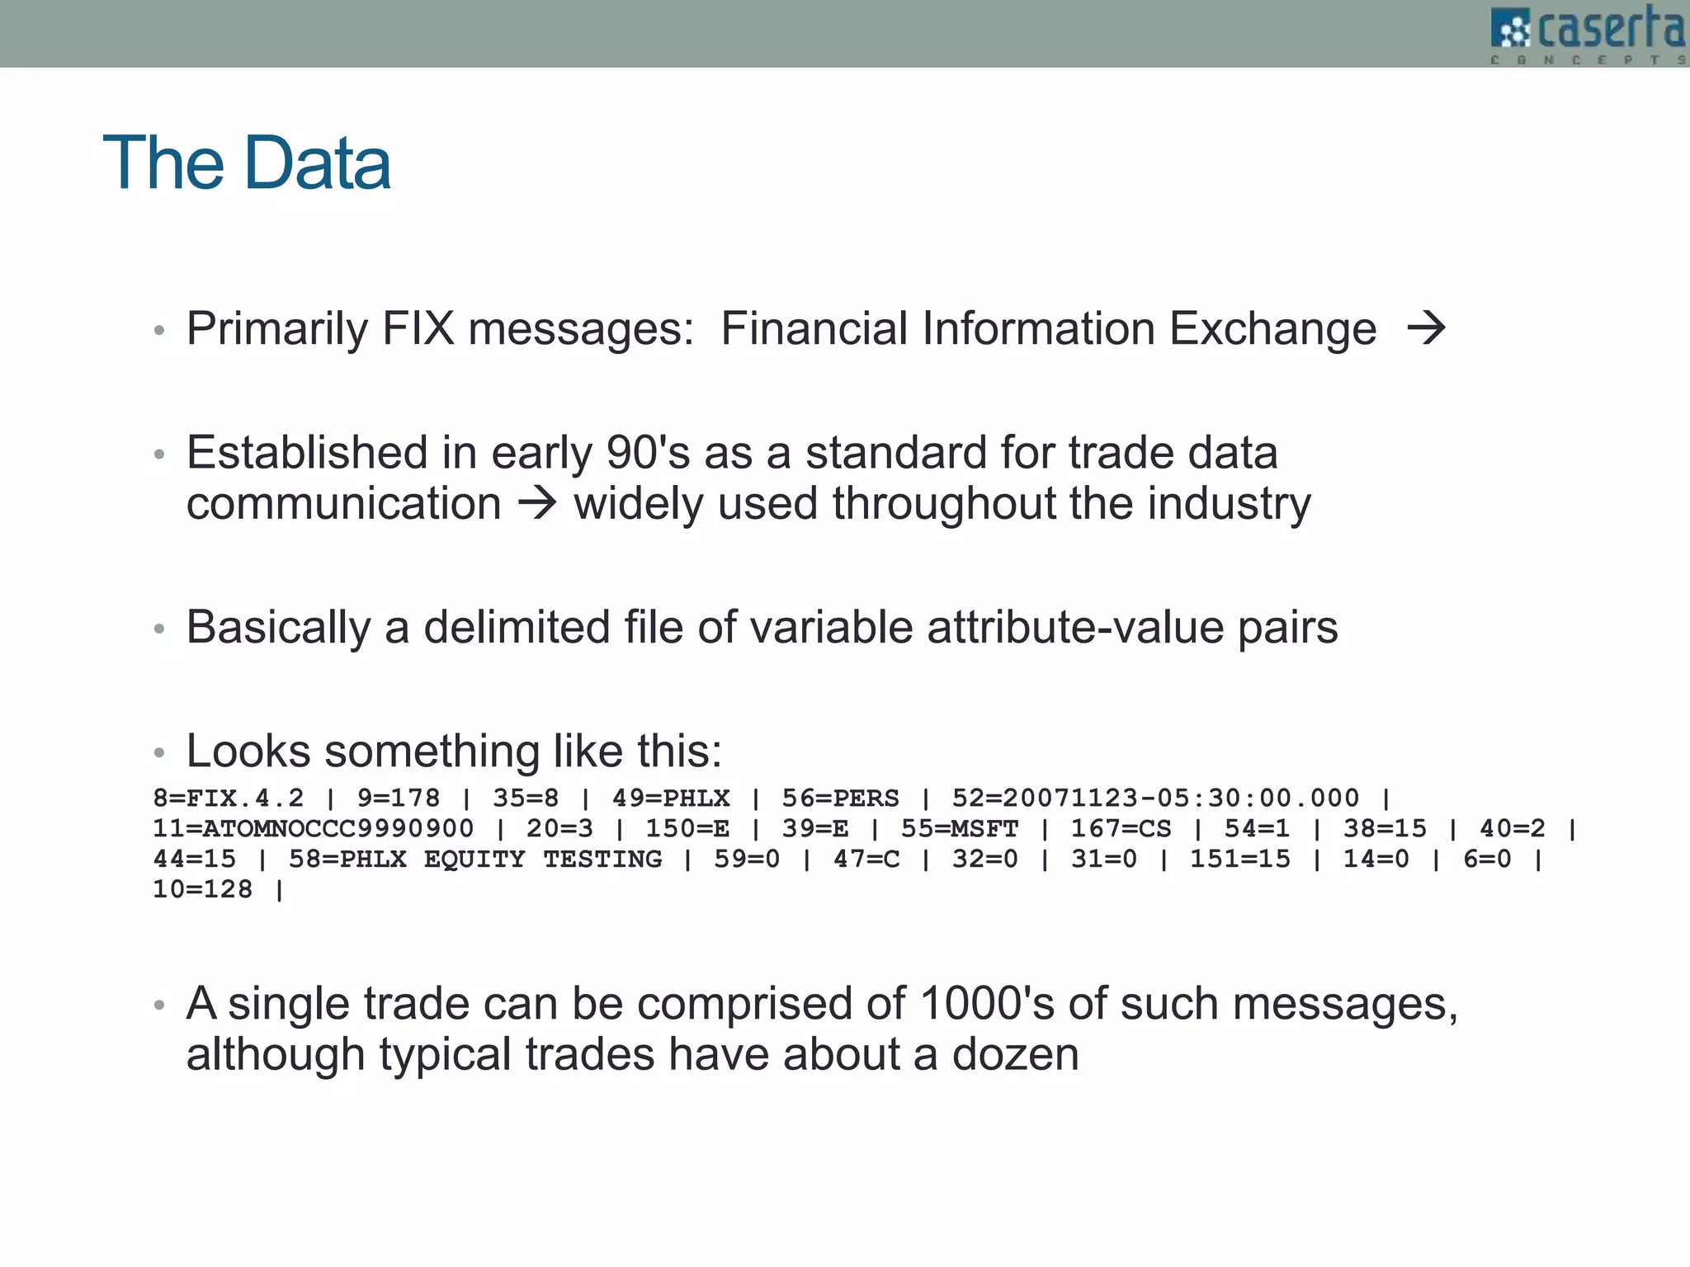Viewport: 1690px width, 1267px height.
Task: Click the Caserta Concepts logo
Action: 1588,33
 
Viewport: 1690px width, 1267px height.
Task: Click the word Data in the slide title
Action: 317,163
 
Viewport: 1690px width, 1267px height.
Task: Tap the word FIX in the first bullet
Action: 418,328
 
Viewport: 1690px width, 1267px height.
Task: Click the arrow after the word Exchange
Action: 1426,328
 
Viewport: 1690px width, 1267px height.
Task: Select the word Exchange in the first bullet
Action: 1272,328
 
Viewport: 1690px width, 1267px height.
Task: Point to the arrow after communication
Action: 538,503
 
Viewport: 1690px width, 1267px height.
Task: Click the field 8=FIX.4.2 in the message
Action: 229,798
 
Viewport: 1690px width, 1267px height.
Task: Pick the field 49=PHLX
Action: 671,798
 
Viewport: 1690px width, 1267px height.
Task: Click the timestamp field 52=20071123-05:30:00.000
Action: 1155,798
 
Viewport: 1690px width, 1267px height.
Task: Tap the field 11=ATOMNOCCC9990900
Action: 314,828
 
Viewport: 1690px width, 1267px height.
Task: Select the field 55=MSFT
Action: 960,828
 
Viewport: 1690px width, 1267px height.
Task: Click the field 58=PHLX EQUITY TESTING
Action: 475,859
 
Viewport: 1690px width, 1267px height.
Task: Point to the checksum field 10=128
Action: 203,889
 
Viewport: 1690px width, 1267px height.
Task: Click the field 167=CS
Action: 1121,828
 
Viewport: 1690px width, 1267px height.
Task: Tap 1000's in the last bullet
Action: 986,1004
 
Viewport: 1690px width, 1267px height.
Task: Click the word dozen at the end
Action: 1015,1054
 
